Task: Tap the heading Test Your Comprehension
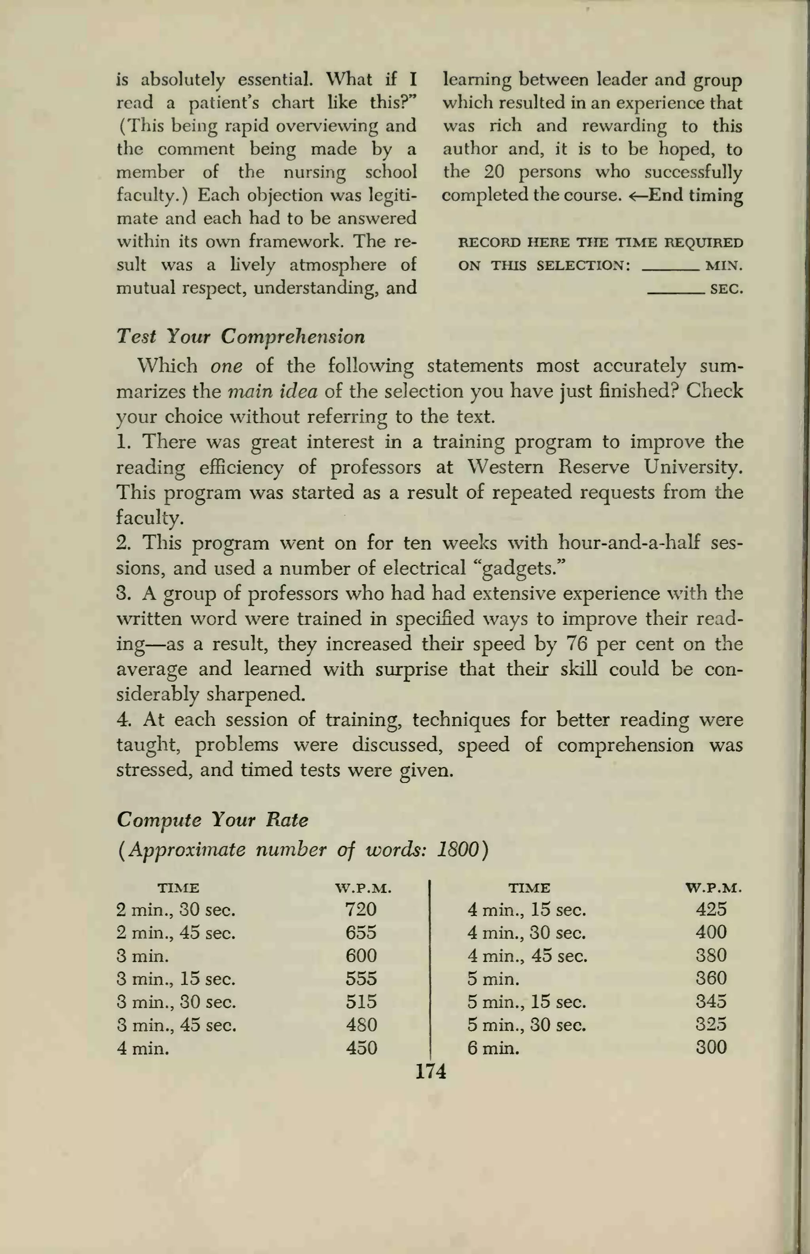coord(240,336)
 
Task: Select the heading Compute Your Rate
coord(212,819)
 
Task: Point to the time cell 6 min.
coord(493,1049)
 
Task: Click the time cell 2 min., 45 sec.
coord(176,933)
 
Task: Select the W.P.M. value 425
coord(711,909)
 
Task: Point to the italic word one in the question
coord(226,366)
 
